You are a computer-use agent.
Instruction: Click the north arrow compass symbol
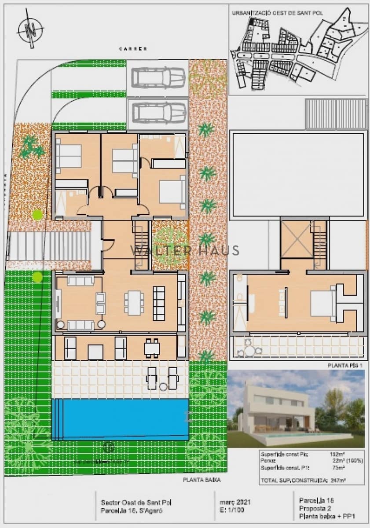coord(30,30)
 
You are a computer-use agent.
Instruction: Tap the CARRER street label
coord(133,48)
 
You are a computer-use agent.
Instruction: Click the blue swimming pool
coord(120,418)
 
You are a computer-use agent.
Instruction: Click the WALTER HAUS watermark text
coord(185,251)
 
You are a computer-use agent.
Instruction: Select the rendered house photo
coord(296,409)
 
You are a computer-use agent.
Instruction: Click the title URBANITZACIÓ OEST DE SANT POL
coord(277,13)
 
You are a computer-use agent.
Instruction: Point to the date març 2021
coord(234,502)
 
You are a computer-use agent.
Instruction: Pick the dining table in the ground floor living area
coord(134,302)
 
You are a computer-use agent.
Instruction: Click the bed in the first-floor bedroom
coord(323,304)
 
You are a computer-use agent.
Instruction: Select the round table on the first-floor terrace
coord(250,351)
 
